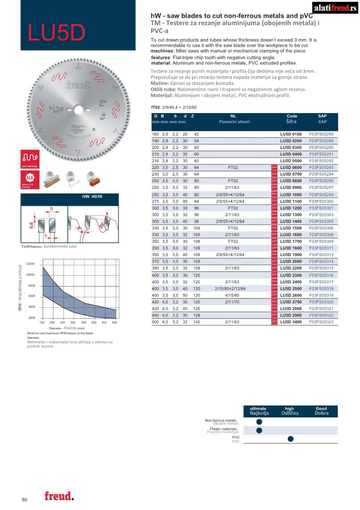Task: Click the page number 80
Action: pos(25,500)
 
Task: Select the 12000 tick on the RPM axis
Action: pos(30,264)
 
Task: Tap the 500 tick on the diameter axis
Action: pos(114,322)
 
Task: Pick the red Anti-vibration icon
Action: pos(29,159)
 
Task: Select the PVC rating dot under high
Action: pos(291,439)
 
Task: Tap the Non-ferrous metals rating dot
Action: pos(259,422)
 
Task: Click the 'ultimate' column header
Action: pos(258,409)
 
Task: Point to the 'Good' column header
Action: pos(321,409)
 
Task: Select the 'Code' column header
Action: pos(292,116)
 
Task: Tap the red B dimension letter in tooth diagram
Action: pos(51,209)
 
